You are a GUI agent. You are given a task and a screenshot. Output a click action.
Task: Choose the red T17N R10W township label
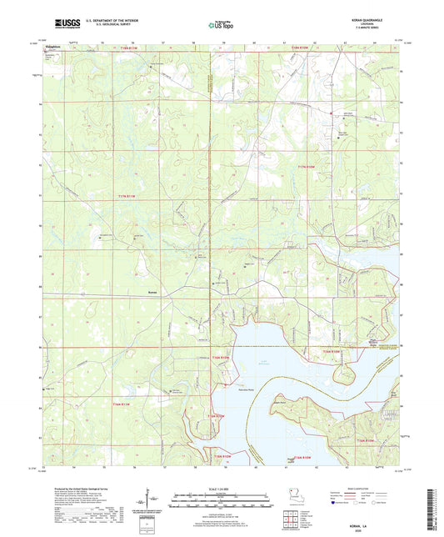307,168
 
